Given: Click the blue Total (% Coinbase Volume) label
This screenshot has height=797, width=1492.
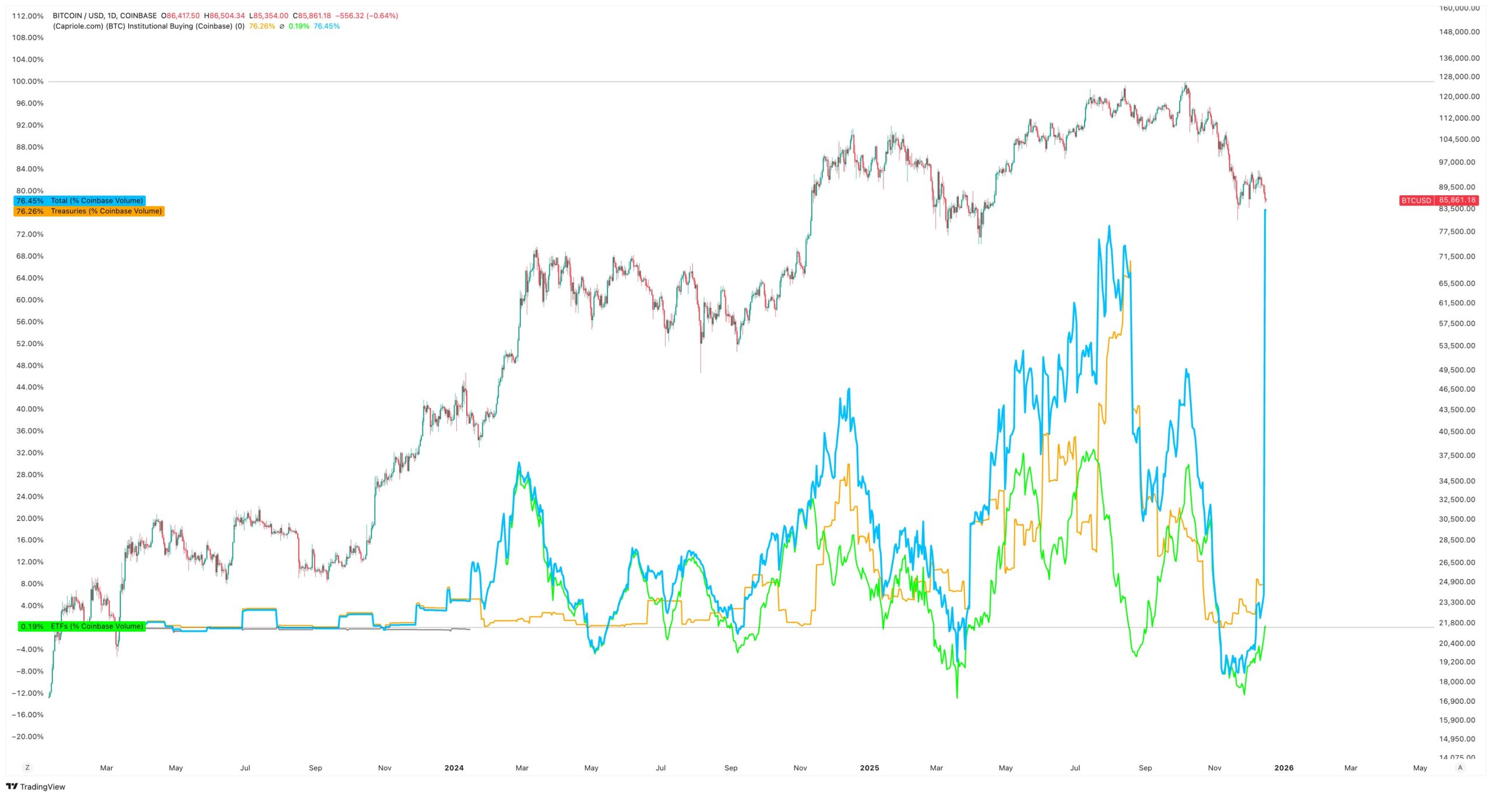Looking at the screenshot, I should tap(79, 200).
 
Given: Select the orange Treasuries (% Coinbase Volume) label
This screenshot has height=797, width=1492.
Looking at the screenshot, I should tap(89, 211).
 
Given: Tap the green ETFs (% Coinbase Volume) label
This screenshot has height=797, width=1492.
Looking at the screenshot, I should tap(81, 626).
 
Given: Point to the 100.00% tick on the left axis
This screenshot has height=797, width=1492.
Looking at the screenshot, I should tap(28, 82).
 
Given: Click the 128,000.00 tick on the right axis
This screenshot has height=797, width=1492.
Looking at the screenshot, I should tap(1459, 77).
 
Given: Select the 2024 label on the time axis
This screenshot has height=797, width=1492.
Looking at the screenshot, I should tap(454, 768).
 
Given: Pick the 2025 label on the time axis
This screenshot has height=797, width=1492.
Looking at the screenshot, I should tap(869, 768).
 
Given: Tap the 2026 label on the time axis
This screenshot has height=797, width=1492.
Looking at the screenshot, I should tap(1283, 768).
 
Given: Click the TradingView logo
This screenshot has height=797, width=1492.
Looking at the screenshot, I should tap(36, 787).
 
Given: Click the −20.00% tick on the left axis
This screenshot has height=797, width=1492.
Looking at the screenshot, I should tap(27, 736).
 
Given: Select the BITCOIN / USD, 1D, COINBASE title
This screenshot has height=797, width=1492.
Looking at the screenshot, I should tap(104, 16).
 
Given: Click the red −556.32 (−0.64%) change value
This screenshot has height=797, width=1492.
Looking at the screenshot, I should tap(367, 16).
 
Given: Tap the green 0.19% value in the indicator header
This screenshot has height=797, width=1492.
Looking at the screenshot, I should tap(299, 26).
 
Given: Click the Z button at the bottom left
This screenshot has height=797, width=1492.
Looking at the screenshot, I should tap(27, 768).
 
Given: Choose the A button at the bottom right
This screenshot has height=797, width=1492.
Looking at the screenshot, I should tap(1460, 768).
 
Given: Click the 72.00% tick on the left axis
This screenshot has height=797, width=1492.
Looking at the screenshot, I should tap(30, 234).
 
